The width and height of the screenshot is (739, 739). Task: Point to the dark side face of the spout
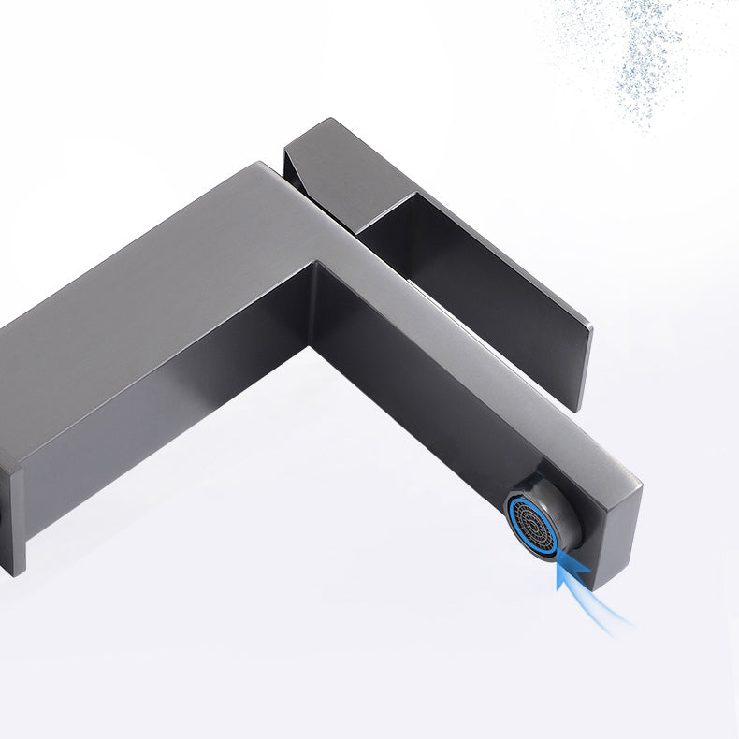(421, 393)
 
